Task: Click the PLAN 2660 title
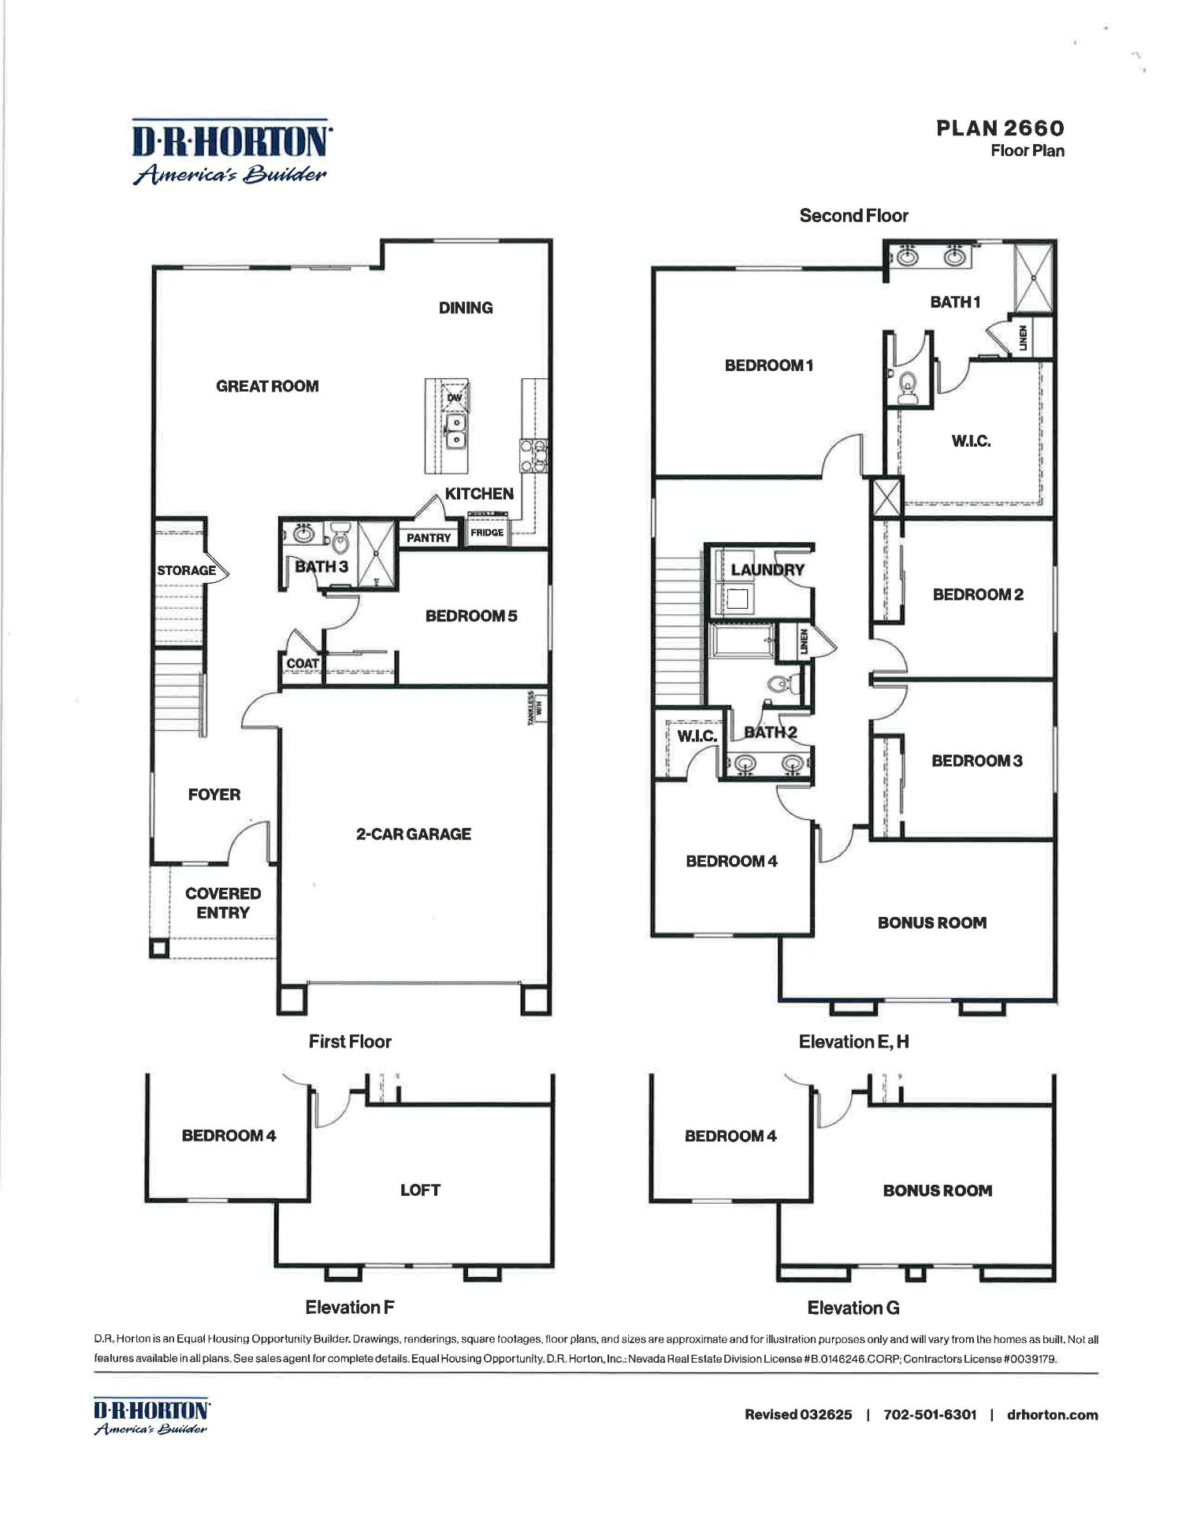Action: (x=1000, y=128)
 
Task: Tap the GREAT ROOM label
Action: (x=267, y=386)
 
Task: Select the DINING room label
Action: (x=466, y=308)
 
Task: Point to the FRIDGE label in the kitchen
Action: (x=487, y=533)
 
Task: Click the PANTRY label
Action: (x=429, y=538)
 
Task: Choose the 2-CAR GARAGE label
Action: (x=414, y=833)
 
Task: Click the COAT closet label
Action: (x=303, y=663)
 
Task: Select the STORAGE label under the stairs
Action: (x=186, y=570)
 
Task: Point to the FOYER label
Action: (x=214, y=795)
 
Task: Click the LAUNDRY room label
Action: (x=768, y=570)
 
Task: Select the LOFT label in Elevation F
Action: (x=420, y=1190)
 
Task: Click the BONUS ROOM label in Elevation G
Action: (x=937, y=1191)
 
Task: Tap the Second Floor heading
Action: (x=853, y=216)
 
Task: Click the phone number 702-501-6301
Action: (x=930, y=1415)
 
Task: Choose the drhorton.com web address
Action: (x=1052, y=1415)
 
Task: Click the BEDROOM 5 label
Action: (x=471, y=616)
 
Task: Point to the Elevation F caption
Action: (x=349, y=1308)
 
